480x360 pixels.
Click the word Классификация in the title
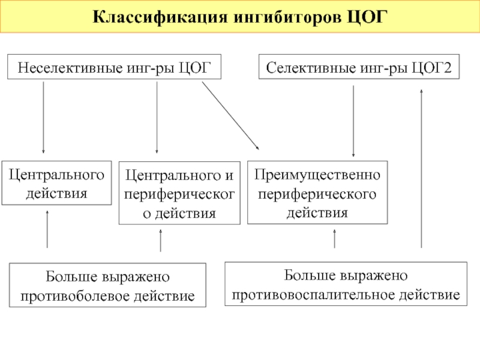click(x=160, y=17)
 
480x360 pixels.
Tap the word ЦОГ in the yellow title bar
click(x=367, y=17)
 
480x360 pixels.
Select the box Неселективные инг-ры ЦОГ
click(x=114, y=67)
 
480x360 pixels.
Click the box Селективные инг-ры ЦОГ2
click(x=359, y=67)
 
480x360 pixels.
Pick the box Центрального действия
click(x=56, y=183)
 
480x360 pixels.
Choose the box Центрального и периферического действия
click(x=179, y=193)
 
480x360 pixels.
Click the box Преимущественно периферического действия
click(x=317, y=193)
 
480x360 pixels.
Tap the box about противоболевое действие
click(x=107, y=285)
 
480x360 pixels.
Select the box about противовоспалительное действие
click(x=346, y=284)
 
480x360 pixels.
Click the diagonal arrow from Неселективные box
click(x=230, y=115)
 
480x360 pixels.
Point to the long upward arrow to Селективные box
click(x=422, y=169)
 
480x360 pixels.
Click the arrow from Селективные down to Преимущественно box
click(x=353, y=121)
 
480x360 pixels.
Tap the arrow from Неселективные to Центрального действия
click(x=43, y=117)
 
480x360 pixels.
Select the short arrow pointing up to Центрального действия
click(x=47, y=229)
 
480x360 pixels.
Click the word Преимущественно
click(x=317, y=175)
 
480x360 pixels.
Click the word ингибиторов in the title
click(x=287, y=17)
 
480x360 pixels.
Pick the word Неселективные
click(x=70, y=68)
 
